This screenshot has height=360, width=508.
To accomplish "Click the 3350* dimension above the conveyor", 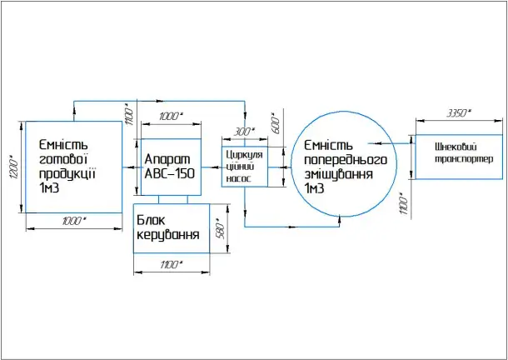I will (458, 112).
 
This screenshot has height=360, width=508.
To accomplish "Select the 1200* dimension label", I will (12, 169).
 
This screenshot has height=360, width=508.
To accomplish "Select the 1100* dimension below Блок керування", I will (171, 264).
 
